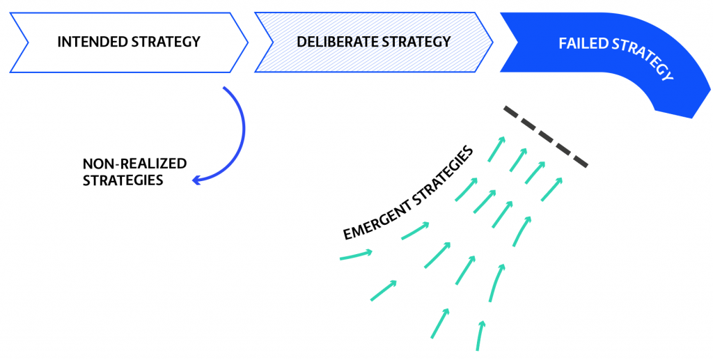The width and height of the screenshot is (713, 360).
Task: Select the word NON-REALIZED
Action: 134,164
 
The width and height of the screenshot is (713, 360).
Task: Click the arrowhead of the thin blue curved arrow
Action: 196,180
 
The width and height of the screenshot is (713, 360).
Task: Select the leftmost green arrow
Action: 356,256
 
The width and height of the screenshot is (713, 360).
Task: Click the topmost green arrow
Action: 496,148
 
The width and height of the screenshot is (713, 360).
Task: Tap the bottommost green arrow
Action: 480,335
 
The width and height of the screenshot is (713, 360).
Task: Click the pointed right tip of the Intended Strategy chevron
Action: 247,42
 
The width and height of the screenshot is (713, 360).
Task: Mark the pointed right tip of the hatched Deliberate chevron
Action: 493,42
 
